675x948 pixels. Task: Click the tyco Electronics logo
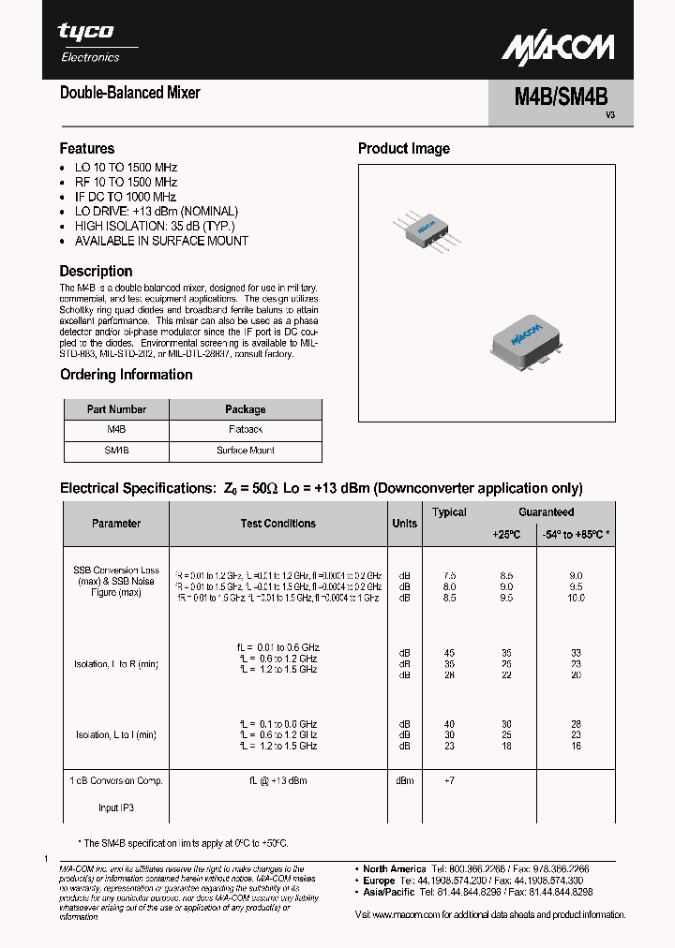(x=90, y=42)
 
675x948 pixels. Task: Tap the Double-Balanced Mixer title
(x=129, y=93)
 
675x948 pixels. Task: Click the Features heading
(x=87, y=148)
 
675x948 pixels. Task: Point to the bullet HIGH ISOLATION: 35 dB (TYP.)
(x=155, y=226)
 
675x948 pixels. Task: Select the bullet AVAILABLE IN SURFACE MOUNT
(x=161, y=241)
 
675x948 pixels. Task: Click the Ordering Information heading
(x=126, y=375)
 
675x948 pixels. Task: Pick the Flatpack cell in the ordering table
(x=245, y=429)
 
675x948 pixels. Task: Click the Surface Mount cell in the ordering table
(x=245, y=451)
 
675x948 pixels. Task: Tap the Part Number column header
(x=116, y=409)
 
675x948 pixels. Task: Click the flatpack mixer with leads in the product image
(x=425, y=230)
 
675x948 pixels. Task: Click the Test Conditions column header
(x=277, y=524)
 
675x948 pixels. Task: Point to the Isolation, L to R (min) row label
(x=116, y=664)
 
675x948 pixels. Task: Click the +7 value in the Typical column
(x=449, y=780)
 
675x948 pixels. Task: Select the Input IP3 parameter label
(x=116, y=807)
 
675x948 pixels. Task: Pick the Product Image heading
(x=403, y=148)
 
